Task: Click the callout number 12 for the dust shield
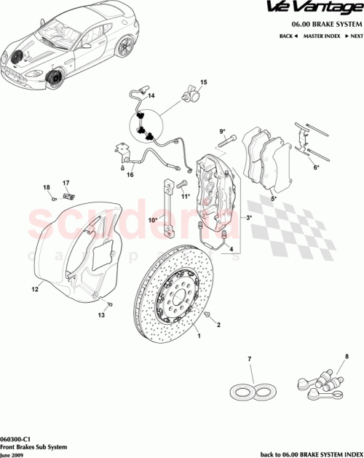33,290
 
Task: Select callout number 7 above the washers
249,360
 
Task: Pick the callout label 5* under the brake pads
273,198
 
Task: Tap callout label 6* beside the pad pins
316,167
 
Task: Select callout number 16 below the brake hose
130,175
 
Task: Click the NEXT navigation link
353,36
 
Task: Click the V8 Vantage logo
325,9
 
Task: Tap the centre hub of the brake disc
175,299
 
